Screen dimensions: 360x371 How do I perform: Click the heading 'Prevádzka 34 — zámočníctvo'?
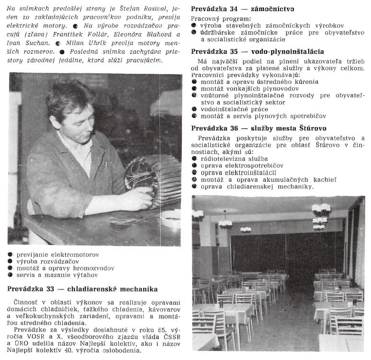click(x=243, y=9)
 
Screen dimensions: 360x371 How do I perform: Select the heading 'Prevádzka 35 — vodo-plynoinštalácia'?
click(x=257, y=51)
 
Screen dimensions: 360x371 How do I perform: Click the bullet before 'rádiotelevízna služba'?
click(x=194, y=158)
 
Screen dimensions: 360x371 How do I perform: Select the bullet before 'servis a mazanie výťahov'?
click(x=11, y=276)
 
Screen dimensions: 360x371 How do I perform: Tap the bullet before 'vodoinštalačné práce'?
click(x=194, y=109)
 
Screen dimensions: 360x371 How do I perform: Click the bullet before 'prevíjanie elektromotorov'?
click(x=11, y=254)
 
